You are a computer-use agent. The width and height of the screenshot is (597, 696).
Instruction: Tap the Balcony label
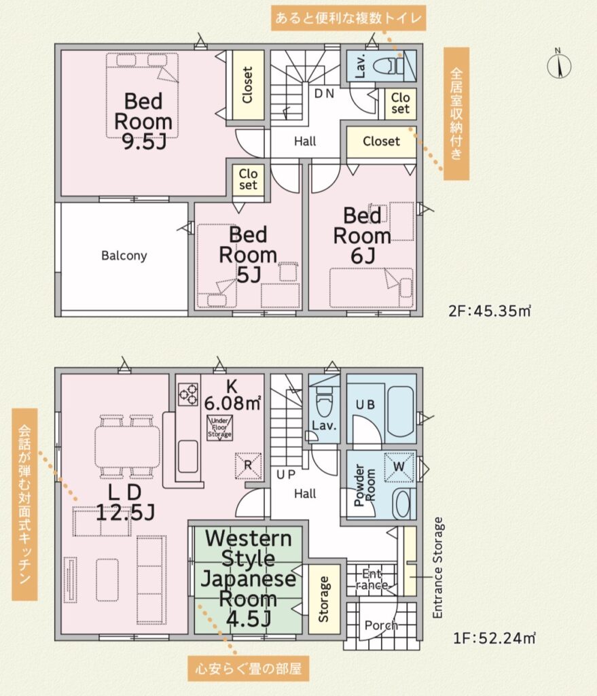(x=124, y=256)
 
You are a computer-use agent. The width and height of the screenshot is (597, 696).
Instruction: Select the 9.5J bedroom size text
(x=144, y=142)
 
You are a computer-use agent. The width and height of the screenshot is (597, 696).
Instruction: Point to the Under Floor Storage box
(x=219, y=428)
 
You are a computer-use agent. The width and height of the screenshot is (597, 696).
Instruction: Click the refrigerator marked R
(x=248, y=465)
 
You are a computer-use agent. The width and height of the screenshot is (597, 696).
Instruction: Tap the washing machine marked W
(x=399, y=466)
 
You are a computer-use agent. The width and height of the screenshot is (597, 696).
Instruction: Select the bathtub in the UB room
(x=401, y=412)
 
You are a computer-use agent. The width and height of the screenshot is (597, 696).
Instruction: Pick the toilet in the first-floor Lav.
(x=324, y=401)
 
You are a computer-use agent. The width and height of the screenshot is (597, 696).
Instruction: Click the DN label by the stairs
(x=324, y=94)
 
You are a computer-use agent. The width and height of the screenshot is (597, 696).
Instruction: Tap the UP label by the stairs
(x=286, y=474)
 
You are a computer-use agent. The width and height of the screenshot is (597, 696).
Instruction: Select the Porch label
(x=381, y=625)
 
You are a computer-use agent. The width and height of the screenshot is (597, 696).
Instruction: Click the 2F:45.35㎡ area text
(x=490, y=311)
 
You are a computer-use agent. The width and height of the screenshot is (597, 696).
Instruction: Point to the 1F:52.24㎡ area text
(x=494, y=638)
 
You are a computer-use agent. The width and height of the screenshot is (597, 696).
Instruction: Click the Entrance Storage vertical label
(x=438, y=568)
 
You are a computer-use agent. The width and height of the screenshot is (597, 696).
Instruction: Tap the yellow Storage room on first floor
(x=324, y=599)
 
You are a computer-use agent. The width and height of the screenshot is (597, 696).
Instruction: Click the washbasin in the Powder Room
(x=402, y=504)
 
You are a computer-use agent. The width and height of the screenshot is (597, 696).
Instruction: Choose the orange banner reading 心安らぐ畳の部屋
(x=249, y=668)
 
